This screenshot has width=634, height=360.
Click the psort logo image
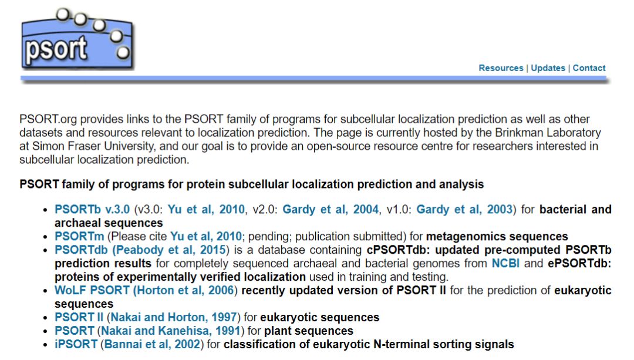[x=77, y=39]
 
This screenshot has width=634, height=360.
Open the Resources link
[x=501, y=68]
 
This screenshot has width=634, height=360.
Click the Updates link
[x=548, y=68]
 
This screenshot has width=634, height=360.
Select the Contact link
[x=589, y=68]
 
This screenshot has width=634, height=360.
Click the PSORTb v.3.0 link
[x=92, y=209]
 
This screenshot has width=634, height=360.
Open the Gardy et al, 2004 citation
[x=331, y=209]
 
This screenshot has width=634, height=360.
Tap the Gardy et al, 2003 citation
[x=464, y=209]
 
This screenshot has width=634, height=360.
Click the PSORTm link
[x=79, y=236]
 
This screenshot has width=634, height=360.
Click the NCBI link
[x=505, y=263]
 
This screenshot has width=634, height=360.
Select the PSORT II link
[x=79, y=317]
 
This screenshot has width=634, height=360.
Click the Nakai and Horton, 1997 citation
[x=174, y=317]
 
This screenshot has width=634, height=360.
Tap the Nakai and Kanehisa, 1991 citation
[x=171, y=331]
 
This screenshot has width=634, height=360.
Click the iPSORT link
[x=76, y=344]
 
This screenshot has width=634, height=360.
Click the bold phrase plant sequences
[x=309, y=331]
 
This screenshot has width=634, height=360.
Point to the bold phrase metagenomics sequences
[x=497, y=236]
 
